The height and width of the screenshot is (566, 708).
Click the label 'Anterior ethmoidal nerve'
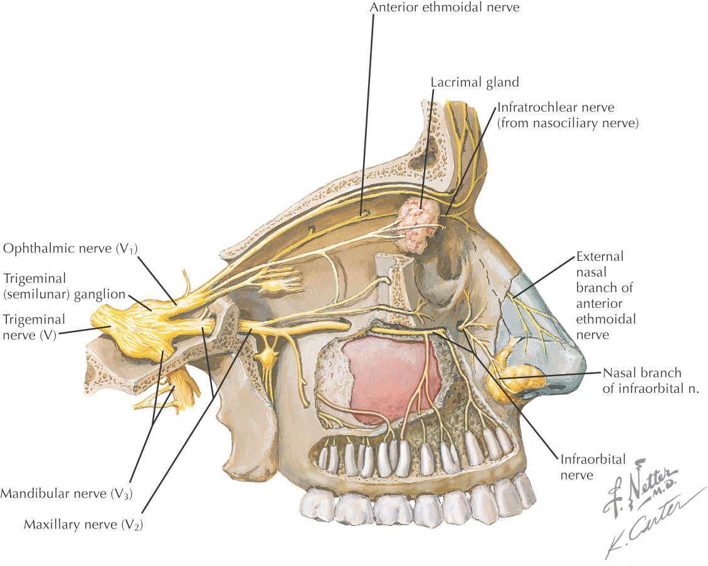[x=445, y=8]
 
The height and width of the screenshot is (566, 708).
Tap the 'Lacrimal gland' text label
[x=475, y=82]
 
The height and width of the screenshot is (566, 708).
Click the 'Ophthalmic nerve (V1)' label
[x=70, y=249]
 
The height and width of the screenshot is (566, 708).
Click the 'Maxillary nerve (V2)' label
[x=83, y=524]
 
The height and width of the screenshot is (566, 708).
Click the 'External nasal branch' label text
[x=605, y=295]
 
